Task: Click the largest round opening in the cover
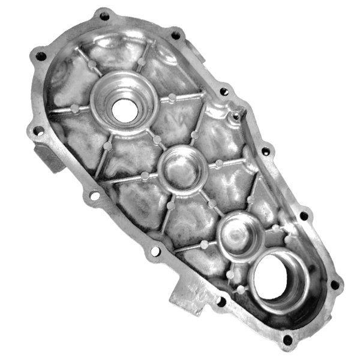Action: pos(278,280)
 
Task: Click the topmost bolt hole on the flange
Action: pos(104,16)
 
